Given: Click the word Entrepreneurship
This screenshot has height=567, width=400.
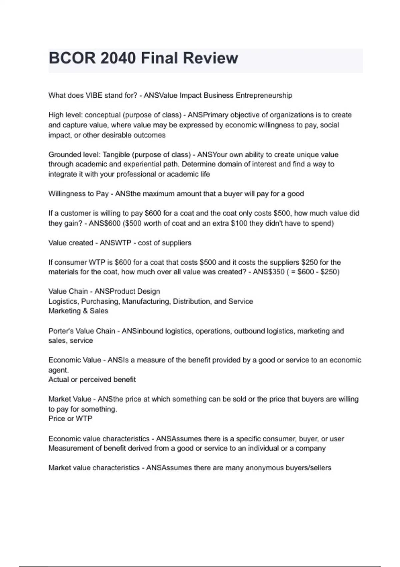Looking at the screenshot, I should coord(264,95).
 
